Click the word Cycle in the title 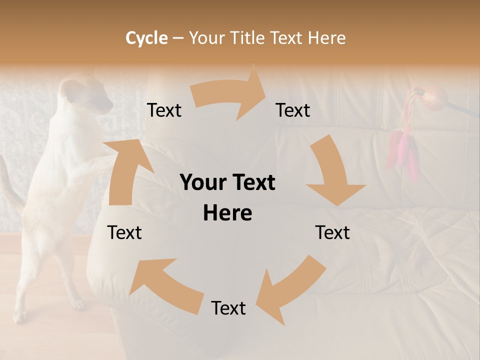(146, 38)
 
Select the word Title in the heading (248, 38)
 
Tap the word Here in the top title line (326, 38)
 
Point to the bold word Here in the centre (227, 213)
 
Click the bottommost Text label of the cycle (228, 308)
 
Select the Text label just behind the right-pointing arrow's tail (164, 110)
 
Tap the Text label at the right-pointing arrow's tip (293, 110)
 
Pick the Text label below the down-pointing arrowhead (332, 232)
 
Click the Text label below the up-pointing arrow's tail (124, 232)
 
